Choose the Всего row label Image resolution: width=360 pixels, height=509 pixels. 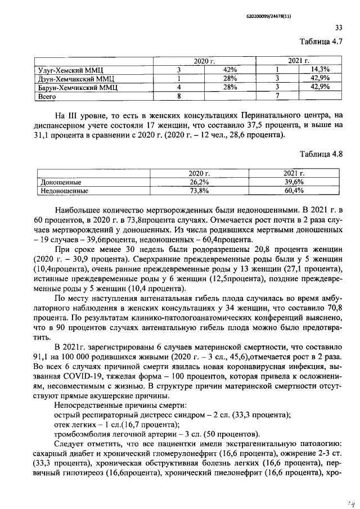click(x=47, y=97)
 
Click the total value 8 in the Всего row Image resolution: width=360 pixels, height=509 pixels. click(x=178, y=97)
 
